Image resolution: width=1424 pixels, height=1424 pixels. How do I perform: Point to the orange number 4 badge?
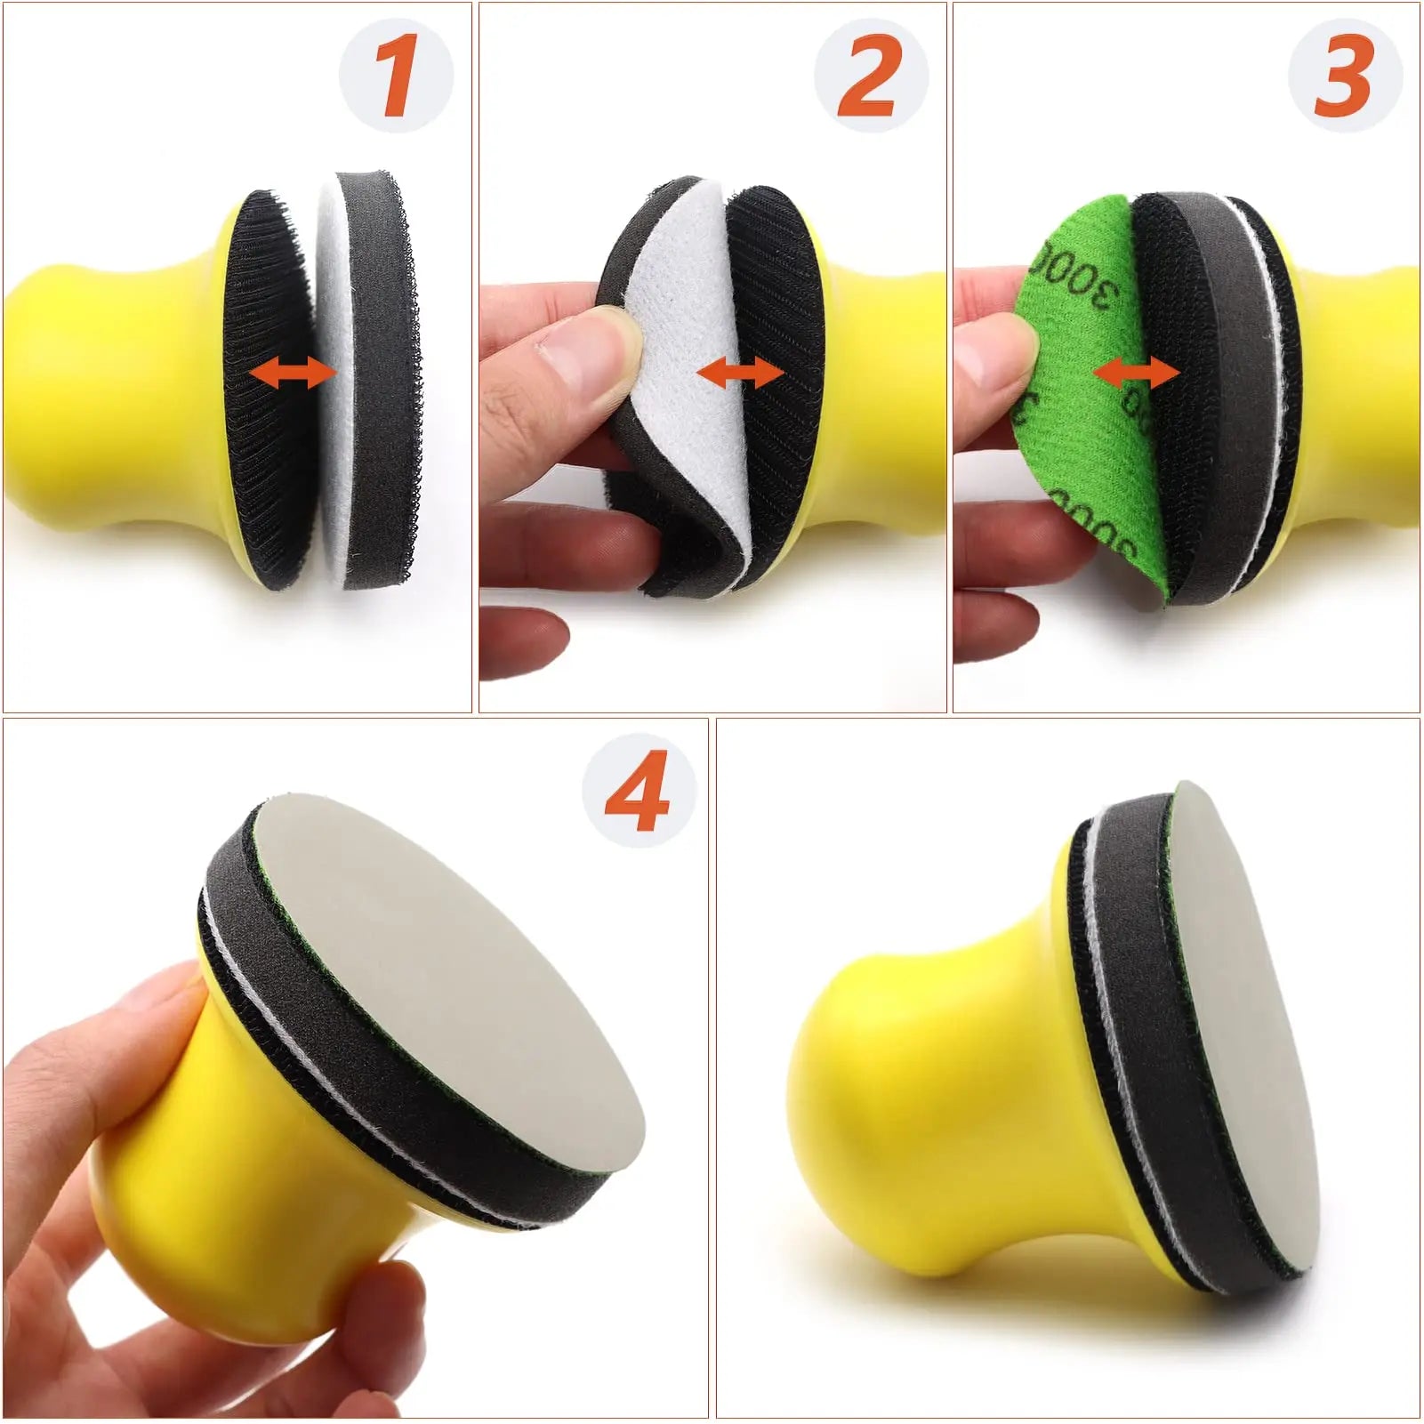coord(637,791)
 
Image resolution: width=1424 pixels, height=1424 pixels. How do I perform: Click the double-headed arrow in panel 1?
coord(292,374)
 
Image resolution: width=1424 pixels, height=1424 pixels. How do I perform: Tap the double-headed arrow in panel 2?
coord(740,374)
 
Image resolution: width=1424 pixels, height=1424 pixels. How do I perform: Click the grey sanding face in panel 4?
coord(463,978)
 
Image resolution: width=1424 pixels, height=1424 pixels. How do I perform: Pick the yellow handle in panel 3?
coord(1352,391)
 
